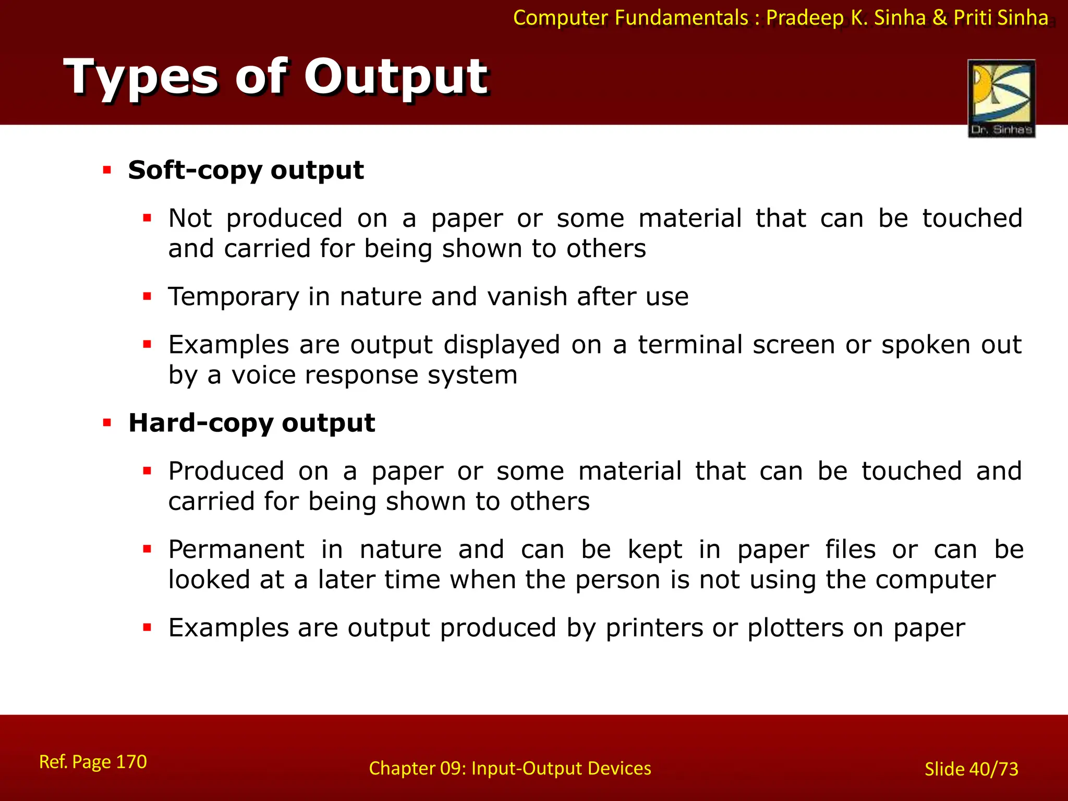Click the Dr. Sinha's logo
tap(1001, 98)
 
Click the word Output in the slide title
tap(396, 77)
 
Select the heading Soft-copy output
tap(246, 171)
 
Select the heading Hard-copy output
tap(251, 423)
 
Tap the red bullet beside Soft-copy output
tap(107, 170)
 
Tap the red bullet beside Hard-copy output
tap(107, 422)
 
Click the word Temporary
tap(233, 297)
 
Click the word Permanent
tap(236, 550)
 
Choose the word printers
tap(654, 628)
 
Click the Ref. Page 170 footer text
tap(93, 762)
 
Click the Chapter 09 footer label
tap(509, 769)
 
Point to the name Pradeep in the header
tap(805, 18)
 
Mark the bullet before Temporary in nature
tap(147, 297)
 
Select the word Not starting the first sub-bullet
tap(190, 219)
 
